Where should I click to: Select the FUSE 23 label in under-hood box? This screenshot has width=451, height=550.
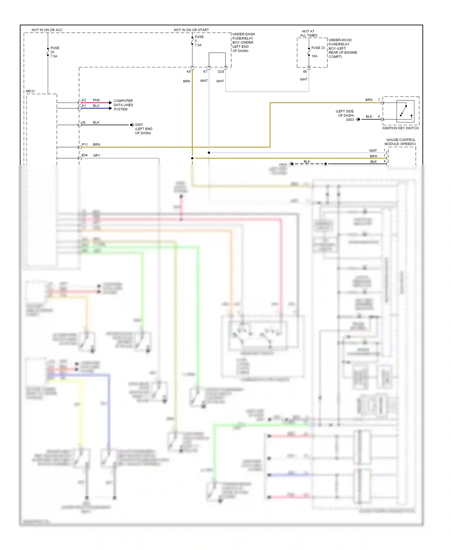318,48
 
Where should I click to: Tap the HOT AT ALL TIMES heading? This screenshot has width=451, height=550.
308,33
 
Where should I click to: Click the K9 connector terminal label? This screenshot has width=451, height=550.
189,72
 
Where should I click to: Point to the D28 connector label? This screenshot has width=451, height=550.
221,72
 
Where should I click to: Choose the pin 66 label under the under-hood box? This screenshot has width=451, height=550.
305,72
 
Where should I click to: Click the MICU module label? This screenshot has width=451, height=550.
30,91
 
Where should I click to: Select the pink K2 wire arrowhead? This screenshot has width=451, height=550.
110,103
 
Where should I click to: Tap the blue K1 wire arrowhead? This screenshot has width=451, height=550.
110,108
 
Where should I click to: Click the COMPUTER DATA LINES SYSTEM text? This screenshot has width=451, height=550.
123,105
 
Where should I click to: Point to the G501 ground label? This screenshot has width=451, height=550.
139,125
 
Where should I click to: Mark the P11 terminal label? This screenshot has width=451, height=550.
85,144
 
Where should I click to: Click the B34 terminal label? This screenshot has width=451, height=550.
84,155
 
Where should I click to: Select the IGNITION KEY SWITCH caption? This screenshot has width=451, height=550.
400,128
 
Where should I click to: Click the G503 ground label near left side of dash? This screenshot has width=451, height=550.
350,120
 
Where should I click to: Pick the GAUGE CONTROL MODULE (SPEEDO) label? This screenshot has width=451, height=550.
400,142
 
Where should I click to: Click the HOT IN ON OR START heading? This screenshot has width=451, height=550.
191,30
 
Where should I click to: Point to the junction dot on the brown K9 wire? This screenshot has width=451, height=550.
192,158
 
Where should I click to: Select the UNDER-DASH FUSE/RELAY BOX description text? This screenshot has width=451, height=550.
243,42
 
